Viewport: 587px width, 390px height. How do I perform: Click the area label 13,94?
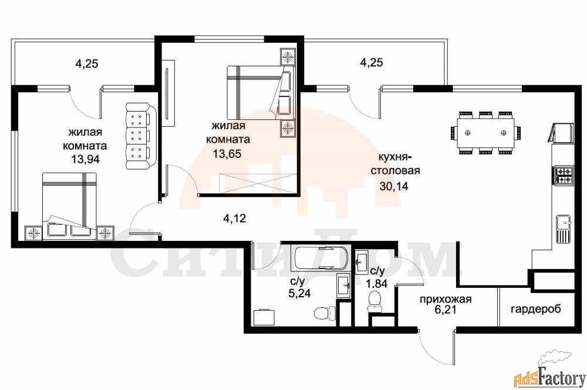click(x=86, y=159)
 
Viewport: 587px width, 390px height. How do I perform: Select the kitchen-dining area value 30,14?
click(x=394, y=186)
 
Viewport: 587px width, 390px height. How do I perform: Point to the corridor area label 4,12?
click(x=234, y=218)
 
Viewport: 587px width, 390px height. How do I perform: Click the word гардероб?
click(x=536, y=309)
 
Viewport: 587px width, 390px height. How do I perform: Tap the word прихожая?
click(x=446, y=300)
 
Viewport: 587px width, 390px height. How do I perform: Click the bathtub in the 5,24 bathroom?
click(x=320, y=258)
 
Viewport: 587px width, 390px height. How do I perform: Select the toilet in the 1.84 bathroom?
click(x=375, y=301)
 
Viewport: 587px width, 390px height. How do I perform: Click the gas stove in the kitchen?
click(x=564, y=176)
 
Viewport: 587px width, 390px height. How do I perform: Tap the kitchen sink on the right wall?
click(x=564, y=229)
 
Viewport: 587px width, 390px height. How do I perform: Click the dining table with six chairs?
click(x=485, y=133)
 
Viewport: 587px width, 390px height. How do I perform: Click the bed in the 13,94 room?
click(x=70, y=206)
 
